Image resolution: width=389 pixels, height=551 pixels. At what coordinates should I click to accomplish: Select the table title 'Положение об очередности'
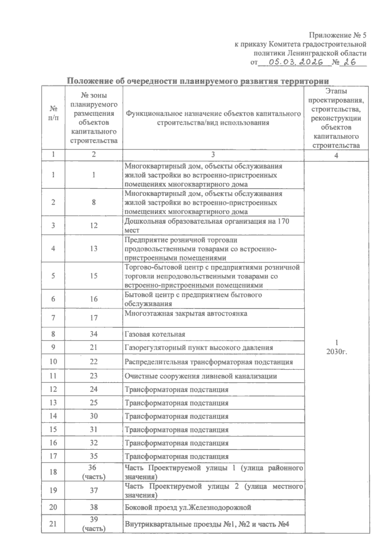[x=198, y=81]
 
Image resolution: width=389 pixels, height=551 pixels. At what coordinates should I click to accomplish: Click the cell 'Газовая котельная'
[x=155, y=334]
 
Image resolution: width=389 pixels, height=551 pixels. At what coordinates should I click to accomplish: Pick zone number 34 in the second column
[x=94, y=334]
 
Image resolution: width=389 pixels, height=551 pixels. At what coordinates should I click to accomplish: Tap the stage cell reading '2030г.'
[x=337, y=352]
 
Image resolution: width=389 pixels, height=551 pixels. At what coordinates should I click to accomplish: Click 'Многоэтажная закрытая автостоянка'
[x=186, y=313]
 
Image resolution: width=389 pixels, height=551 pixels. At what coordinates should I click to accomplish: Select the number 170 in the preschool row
[x=283, y=221]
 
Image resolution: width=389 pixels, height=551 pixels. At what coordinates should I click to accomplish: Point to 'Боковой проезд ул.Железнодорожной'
[x=188, y=507]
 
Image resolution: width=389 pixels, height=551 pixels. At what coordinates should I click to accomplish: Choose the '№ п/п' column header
[x=53, y=113]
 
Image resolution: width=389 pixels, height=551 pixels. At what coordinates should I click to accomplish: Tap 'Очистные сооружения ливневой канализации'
[x=201, y=376]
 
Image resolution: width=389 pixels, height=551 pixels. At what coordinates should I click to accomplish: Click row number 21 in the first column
[x=53, y=523]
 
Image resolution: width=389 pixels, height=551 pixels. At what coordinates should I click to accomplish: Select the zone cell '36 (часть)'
[x=94, y=472]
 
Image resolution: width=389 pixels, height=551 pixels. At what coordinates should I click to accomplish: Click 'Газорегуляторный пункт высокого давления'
[x=199, y=348]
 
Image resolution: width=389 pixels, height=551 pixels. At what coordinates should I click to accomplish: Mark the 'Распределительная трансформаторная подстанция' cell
[x=209, y=362]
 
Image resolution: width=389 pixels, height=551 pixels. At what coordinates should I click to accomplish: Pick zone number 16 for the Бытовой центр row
[x=94, y=299]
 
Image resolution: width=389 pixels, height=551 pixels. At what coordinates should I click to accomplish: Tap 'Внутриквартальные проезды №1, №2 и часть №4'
[x=207, y=524]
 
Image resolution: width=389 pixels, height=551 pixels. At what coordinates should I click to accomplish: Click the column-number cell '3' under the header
[x=213, y=154]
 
